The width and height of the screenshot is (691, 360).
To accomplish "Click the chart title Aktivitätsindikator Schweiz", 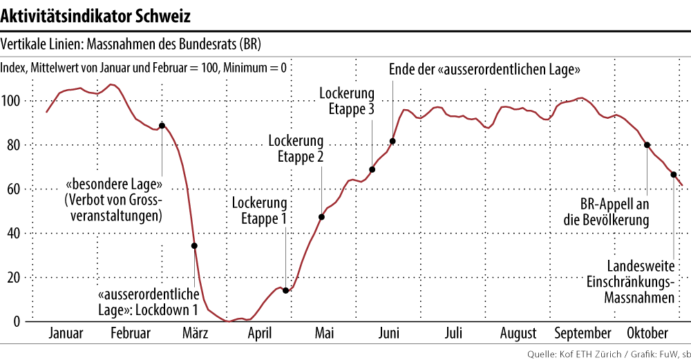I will [96, 15].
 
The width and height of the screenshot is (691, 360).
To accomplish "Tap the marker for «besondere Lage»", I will [162, 126].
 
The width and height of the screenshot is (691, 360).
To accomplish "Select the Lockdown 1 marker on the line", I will [194, 245].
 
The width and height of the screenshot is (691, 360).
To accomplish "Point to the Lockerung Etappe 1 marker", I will [286, 290].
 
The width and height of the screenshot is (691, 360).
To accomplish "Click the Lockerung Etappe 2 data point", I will [322, 217].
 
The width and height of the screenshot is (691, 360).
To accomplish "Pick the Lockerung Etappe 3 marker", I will [372, 169].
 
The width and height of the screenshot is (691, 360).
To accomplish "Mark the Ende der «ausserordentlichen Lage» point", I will [392, 141].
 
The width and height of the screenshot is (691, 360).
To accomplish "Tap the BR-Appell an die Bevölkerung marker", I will [647, 144].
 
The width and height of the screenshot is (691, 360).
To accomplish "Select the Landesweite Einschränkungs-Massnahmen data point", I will [674, 174].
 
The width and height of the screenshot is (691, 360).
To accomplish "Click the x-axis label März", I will [196, 333].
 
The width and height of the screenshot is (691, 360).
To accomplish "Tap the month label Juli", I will [453, 333].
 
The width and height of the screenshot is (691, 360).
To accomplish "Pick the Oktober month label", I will [647, 333].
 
